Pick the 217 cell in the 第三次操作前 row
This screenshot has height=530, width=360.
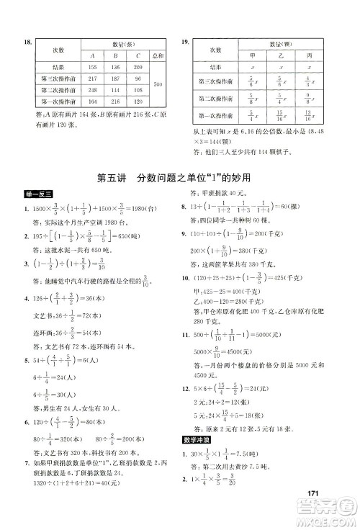(x=91, y=78)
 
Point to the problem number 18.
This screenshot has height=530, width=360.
(x=29, y=43)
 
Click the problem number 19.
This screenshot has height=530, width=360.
(x=185, y=43)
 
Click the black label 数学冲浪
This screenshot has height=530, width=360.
(x=197, y=458)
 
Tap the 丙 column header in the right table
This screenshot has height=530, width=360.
(x=310, y=54)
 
